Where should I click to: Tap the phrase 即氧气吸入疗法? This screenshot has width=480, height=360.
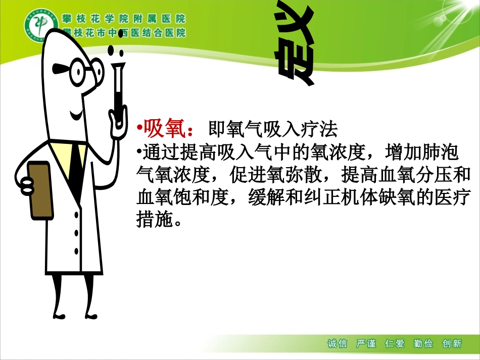tap(273, 130)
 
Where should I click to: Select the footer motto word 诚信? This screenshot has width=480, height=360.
tap(338, 344)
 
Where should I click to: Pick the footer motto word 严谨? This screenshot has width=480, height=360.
tap(366, 344)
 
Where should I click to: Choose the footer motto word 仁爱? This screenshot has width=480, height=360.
tap(395, 344)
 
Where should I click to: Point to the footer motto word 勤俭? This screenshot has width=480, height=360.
tap(423, 344)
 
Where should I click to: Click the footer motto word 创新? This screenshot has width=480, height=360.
tap(452, 344)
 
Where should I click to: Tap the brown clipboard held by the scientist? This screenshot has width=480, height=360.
tap(41, 190)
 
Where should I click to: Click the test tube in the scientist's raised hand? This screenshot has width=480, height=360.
tap(119, 93)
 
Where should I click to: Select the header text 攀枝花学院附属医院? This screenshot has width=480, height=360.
tap(124, 19)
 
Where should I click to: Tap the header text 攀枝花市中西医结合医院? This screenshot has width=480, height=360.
tap(124, 33)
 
